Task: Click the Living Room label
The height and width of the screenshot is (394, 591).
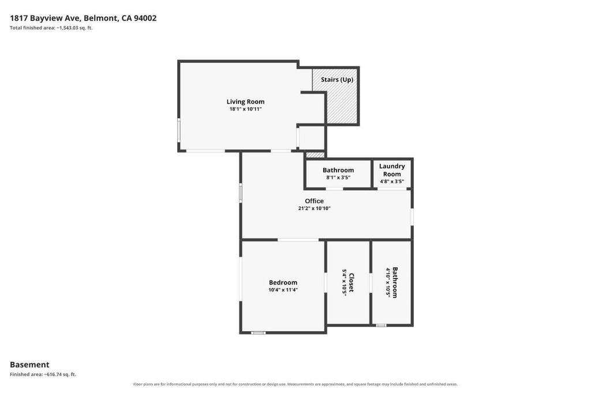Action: tap(245, 102)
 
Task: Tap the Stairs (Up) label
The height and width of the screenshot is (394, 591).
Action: tap(337, 80)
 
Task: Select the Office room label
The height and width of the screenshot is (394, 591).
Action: tap(315, 201)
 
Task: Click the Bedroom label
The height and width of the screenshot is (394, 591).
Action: tap(283, 283)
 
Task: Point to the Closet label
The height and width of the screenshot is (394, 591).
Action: tap(351, 283)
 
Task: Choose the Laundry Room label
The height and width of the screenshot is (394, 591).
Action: tap(392, 170)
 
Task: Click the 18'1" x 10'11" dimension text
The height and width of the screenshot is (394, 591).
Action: tap(246, 109)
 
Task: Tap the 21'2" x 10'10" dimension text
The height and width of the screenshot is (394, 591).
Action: tap(315, 208)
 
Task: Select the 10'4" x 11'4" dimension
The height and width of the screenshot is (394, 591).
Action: tap(283, 290)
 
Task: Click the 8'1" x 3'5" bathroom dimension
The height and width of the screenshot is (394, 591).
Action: tap(338, 178)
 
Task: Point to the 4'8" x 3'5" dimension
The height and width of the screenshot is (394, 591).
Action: tap(392, 182)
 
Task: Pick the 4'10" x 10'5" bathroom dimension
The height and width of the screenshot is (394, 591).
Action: tap(388, 283)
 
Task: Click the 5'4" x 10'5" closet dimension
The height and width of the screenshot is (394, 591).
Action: tap(344, 283)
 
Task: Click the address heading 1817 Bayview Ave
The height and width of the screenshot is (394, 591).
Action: tap(83, 18)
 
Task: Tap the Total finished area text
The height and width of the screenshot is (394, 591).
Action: tap(51, 28)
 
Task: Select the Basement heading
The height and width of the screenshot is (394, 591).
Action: tap(29, 365)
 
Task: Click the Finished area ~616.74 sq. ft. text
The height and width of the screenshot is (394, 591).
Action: tap(43, 374)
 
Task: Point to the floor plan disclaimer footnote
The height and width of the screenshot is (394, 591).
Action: tap(295, 384)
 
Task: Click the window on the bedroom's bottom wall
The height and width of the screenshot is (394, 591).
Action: tap(259, 333)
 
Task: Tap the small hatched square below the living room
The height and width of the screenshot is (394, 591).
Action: tap(315, 155)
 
